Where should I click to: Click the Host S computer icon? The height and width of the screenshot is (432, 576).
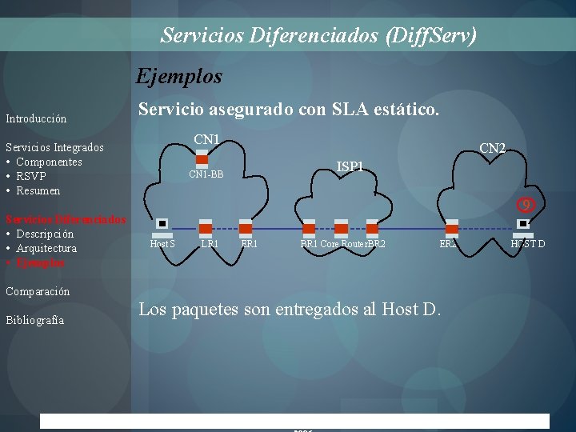point(162,225)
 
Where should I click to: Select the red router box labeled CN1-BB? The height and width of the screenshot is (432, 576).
point(202,160)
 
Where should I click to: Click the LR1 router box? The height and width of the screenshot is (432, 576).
point(206,228)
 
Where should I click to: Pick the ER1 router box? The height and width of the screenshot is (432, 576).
point(246,228)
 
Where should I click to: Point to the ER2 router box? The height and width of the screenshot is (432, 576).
point(452,228)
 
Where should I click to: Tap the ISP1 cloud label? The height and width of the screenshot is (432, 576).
point(350,166)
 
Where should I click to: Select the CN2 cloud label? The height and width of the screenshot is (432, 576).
point(492,148)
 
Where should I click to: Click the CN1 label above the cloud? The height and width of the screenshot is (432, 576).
point(206,141)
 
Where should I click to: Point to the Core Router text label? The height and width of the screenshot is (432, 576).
point(343,243)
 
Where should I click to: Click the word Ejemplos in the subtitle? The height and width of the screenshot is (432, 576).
point(179,77)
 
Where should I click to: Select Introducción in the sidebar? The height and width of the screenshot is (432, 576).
point(36,118)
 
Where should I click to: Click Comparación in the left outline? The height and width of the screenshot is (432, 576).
point(38,291)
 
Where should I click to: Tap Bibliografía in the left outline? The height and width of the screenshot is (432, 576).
point(34,320)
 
